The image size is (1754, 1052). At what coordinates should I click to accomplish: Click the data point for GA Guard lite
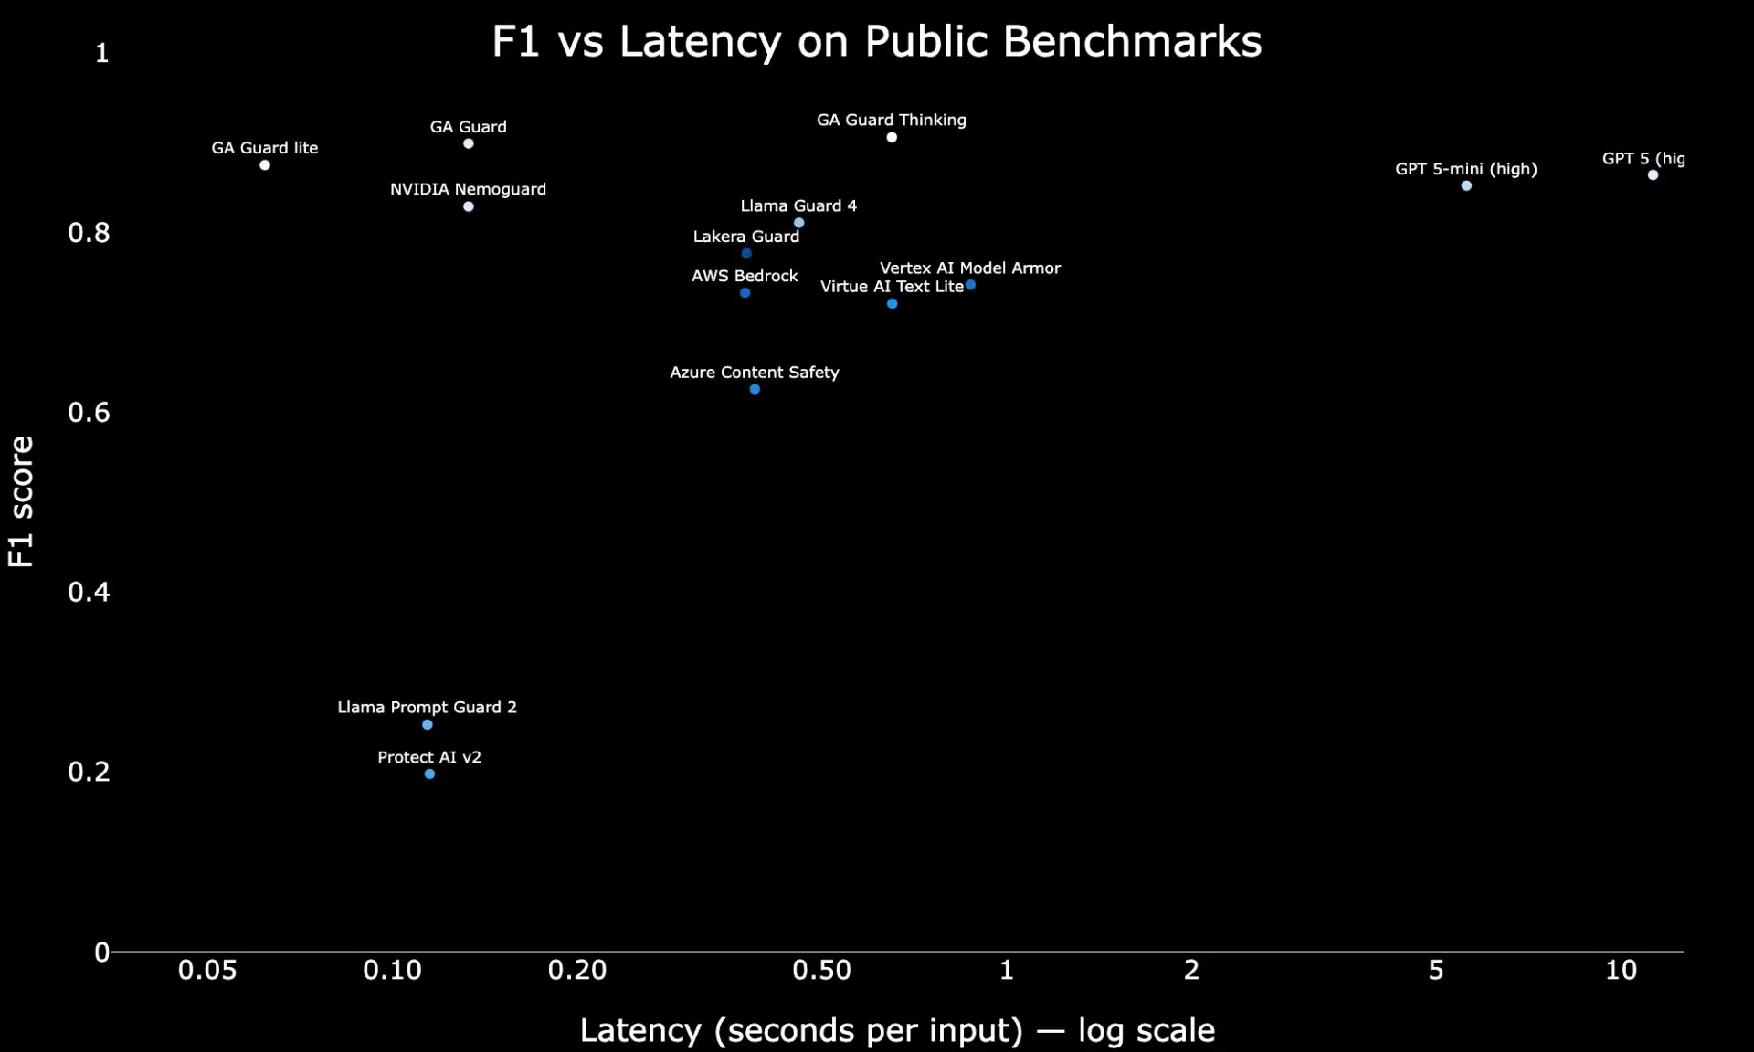click(265, 165)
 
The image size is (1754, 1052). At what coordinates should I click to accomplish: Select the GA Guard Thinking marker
click(892, 138)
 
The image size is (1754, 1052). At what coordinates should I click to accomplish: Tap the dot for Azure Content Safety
click(755, 389)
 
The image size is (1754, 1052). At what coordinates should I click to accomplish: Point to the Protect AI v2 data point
click(429, 774)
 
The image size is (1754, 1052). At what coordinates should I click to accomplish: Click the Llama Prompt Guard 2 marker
click(428, 725)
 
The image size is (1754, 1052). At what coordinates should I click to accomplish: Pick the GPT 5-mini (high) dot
click(1466, 186)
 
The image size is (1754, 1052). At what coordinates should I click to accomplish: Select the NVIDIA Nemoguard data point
click(469, 206)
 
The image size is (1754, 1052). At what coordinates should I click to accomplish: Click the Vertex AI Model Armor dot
click(970, 285)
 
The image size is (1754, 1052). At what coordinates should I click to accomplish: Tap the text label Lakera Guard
click(745, 237)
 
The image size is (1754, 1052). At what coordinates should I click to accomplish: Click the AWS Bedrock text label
click(745, 276)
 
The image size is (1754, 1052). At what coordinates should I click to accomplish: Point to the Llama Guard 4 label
click(798, 205)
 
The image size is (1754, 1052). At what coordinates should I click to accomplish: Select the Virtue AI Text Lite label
click(892, 287)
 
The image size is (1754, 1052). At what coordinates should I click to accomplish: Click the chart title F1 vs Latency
click(877, 42)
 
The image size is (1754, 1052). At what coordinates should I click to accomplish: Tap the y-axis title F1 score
click(20, 500)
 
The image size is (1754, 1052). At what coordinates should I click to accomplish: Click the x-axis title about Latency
click(897, 1030)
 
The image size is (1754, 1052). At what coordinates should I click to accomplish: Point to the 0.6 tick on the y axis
click(89, 412)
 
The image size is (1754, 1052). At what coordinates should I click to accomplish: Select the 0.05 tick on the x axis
click(207, 970)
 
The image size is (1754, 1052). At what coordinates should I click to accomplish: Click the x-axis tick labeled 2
click(1191, 970)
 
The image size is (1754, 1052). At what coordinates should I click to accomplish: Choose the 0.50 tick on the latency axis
click(821, 970)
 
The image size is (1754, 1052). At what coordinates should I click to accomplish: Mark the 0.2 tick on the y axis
click(89, 772)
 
